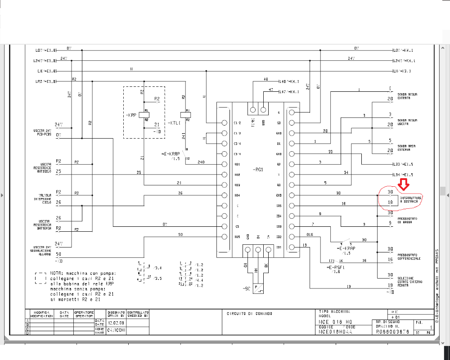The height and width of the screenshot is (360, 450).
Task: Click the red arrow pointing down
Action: [403, 183]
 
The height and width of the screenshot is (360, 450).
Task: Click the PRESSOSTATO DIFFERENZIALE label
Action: [409, 257]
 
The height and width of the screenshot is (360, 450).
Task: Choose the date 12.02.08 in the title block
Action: [116, 323]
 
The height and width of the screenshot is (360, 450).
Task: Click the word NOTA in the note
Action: [56, 273]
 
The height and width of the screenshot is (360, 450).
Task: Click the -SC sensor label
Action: [245, 288]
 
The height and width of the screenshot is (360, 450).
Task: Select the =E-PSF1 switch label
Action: [336, 267]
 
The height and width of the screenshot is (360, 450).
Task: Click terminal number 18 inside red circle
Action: [390, 203]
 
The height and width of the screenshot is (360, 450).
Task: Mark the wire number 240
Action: [201, 162]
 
